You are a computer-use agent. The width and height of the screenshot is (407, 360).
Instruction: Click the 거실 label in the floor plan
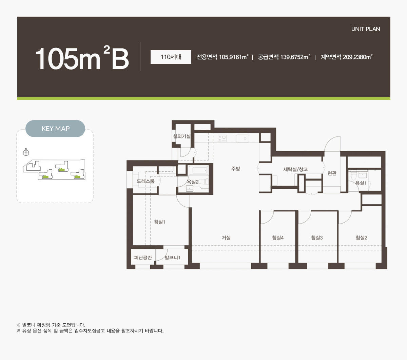pos(226,238)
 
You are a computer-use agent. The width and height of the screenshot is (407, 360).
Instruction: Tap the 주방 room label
pos(236,168)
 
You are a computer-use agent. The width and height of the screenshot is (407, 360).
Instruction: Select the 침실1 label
pos(159,222)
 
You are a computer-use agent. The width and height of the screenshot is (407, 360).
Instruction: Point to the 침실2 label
pos(362,238)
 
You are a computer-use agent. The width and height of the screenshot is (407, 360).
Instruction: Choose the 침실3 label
pos(317,238)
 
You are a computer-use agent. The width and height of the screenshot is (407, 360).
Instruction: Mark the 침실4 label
pos(278,238)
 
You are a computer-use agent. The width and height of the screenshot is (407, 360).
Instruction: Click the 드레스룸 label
pos(146,181)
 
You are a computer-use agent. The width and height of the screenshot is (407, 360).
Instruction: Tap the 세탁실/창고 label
pos(295,169)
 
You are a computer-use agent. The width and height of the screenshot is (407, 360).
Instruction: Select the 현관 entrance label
pos(332,173)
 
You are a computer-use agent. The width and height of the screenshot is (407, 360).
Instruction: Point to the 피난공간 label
pos(143,258)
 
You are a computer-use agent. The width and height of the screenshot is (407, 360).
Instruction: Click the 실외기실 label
pos(181,136)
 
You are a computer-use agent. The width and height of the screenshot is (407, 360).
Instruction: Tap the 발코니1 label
pos(173,258)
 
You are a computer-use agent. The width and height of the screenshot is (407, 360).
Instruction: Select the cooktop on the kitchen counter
pos(222,138)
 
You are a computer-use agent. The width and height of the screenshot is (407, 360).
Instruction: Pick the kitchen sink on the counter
pos(243,138)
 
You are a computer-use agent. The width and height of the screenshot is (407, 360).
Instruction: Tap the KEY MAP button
pos(55,129)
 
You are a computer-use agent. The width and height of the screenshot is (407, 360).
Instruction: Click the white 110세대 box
pos(171,57)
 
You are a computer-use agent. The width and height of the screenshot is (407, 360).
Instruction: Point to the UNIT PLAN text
pos(366,29)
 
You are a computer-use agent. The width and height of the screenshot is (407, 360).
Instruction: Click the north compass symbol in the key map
pos(26,152)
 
